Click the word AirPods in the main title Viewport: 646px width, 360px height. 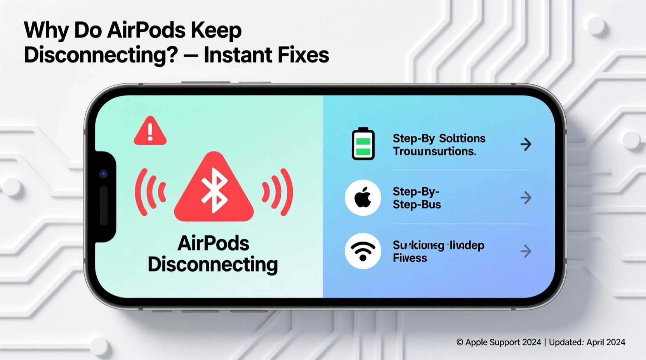pyautogui.click(x=146, y=30)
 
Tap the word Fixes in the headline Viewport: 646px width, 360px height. pyautogui.click(x=306, y=55)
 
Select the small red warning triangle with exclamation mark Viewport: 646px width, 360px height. pyautogui.click(x=150, y=132)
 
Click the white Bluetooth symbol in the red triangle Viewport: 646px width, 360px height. pyautogui.click(x=214, y=190)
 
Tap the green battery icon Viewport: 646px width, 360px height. pyautogui.click(x=363, y=144)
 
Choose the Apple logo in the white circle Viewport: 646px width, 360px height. pyautogui.click(x=363, y=198)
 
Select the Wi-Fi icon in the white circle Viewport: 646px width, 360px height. pyautogui.click(x=363, y=251)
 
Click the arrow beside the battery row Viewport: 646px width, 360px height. pyautogui.click(x=526, y=144)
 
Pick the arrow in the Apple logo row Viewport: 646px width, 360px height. pyautogui.click(x=526, y=198)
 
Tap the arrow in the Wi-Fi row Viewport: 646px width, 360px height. pyautogui.click(x=526, y=251)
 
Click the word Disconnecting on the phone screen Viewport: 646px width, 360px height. pyautogui.click(x=213, y=265)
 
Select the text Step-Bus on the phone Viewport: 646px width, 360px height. pyautogui.click(x=417, y=205)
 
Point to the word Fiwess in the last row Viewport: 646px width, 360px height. pyautogui.click(x=410, y=258)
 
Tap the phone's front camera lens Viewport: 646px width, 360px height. pyautogui.click(x=103, y=174)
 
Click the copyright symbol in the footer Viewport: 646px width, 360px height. pyautogui.click(x=460, y=342)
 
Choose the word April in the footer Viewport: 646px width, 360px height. pyautogui.click(x=597, y=342)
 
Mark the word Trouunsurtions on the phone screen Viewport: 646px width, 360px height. pyautogui.click(x=434, y=151)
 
